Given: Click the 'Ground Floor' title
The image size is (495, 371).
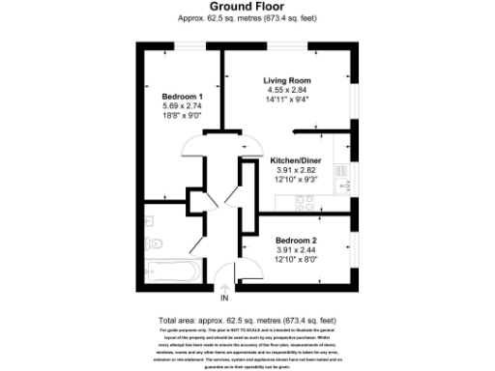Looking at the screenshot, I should pos(247,6).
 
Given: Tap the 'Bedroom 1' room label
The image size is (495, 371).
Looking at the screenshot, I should pos(181,97).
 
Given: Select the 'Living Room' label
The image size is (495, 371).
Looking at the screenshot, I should pos(286,81).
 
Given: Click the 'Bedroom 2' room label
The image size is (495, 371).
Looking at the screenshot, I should pos(296,240).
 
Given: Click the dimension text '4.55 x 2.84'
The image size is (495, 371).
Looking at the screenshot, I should pos(286,90).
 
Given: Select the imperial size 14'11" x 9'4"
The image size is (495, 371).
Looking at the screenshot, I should pos(286,99).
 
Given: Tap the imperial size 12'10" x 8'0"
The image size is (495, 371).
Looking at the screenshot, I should pos(296,257).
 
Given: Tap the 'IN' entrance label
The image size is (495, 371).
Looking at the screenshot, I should pos(225,299).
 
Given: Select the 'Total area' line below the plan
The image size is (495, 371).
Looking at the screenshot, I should pos(247,320).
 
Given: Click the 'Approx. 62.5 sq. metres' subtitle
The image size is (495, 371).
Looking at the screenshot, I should pos(247,17).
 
